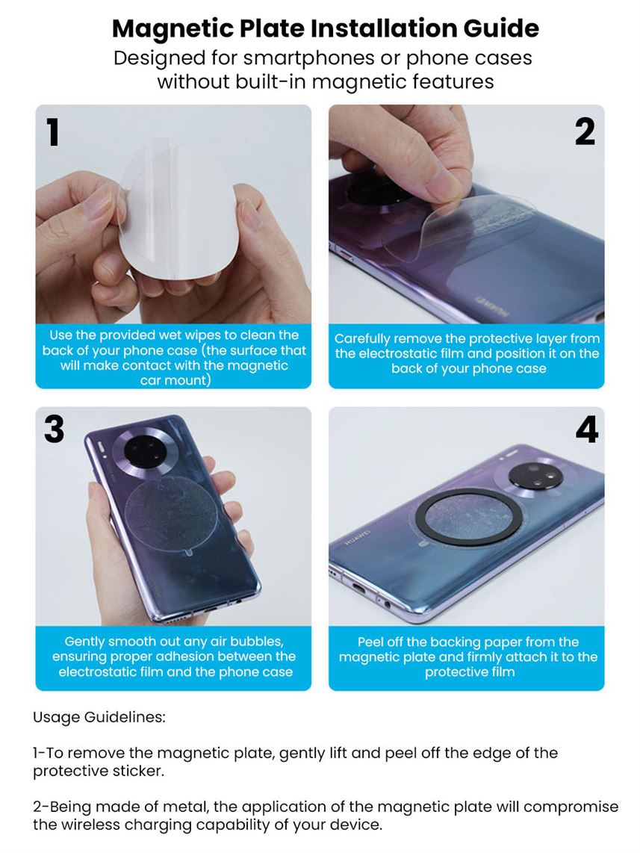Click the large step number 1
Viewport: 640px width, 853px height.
[x=53, y=133]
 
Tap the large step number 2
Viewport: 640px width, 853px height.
[x=585, y=132]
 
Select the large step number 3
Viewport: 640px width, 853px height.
[x=54, y=429]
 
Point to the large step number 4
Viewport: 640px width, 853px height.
[x=586, y=429]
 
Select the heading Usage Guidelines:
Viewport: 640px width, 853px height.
[x=99, y=717]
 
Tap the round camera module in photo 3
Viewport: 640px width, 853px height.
[x=141, y=450]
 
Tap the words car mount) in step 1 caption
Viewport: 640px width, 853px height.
[x=175, y=380]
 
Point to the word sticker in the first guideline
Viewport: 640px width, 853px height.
[x=136, y=772]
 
